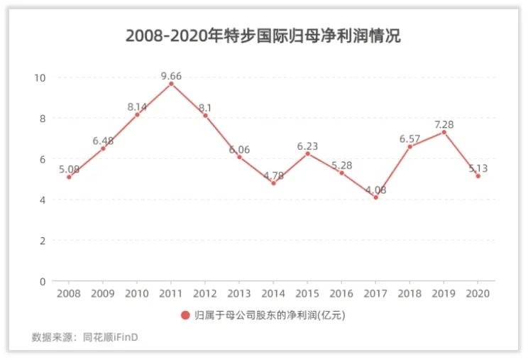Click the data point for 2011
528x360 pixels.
coord(171,84)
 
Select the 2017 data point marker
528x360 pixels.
coord(376,197)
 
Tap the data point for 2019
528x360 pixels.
coord(444,132)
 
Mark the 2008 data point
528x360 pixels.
coord(69,177)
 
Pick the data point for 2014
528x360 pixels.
coord(273,183)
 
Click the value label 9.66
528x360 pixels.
coord(171,76)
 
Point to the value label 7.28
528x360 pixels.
coord(444,124)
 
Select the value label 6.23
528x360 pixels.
coord(307,146)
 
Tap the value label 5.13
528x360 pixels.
coord(478,168)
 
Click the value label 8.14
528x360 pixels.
coord(137,107)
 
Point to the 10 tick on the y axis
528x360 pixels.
coord(40,78)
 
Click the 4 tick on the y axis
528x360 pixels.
coord(43,200)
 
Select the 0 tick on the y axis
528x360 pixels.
coord(43,281)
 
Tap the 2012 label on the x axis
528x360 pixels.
coord(205,294)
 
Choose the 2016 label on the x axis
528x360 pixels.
coord(341,294)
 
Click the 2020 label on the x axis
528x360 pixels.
coord(478,294)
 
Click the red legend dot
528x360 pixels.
coord(185,315)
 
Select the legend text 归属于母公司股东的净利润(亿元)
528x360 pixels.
coord(270,315)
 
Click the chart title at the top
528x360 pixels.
coord(263,36)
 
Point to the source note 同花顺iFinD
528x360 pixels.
coord(111,337)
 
